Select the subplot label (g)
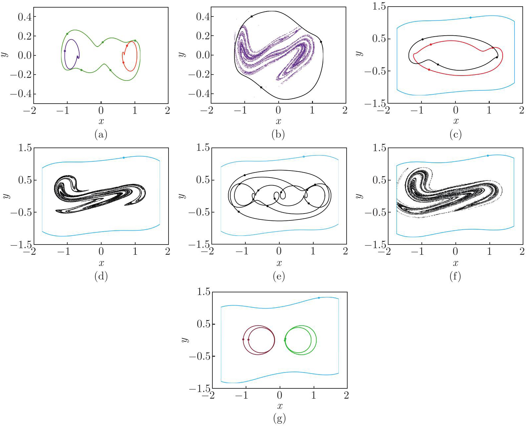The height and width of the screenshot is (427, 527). pyautogui.click(x=279, y=418)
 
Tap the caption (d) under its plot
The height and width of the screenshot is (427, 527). pyautogui.click(x=101, y=276)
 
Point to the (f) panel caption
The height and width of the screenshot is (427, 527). pyautogui.click(x=455, y=276)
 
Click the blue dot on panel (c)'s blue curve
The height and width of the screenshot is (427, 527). pyautogui.click(x=470, y=17)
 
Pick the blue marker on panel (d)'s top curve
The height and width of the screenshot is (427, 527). pyautogui.click(x=124, y=158)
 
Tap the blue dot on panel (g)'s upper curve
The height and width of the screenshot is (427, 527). pyautogui.click(x=319, y=298)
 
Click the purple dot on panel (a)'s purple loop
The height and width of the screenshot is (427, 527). pyautogui.click(x=65, y=51)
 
